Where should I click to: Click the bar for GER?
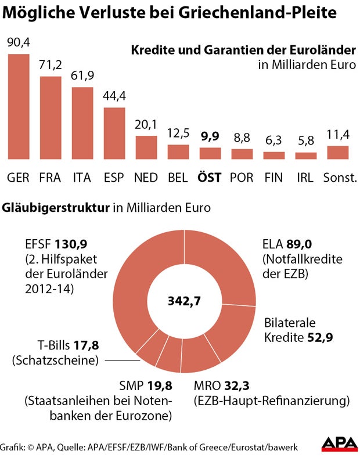(x=19, y=106)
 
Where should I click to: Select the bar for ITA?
(x=82, y=123)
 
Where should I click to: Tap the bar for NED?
(x=146, y=147)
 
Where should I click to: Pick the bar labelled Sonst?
(x=338, y=152)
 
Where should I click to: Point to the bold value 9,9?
(x=210, y=138)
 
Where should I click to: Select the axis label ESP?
(x=114, y=178)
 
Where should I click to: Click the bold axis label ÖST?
(x=210, y=178)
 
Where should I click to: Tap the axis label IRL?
(x=306, y=178)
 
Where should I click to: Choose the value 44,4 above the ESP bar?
(x=114, y=96)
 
